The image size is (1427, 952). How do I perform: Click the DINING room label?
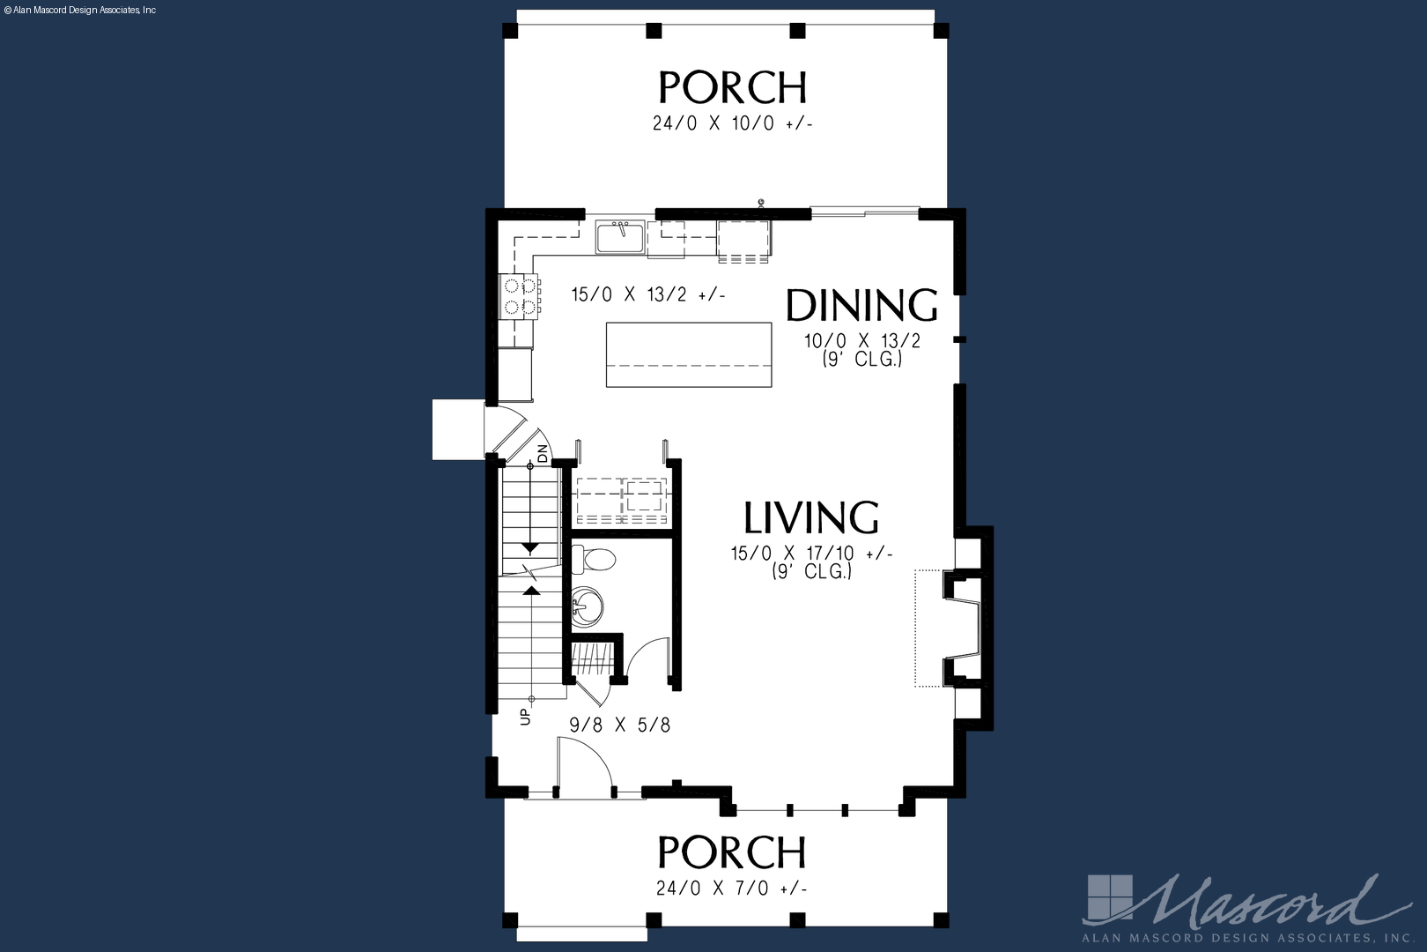[862, 305]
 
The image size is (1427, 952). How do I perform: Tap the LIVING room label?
[811, 517]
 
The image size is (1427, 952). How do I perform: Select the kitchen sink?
[620, 237]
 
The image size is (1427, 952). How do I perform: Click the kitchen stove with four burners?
[519, 296]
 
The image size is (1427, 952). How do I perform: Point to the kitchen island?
[689, 354]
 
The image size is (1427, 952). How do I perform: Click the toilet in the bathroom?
[593, 560]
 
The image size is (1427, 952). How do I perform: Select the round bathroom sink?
[588, 607]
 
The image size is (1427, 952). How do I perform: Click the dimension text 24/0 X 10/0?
[732, 123]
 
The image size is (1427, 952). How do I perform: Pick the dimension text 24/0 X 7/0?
[731, 888]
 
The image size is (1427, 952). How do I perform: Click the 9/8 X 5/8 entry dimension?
[620, 725]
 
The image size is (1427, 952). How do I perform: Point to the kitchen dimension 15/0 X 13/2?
[648, 294]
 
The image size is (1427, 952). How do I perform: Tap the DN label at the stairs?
[542, 453]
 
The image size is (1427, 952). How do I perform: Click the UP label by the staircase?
[525, 716]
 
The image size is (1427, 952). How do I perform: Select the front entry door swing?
[584, 766]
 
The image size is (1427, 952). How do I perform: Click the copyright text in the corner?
[79, 11]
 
